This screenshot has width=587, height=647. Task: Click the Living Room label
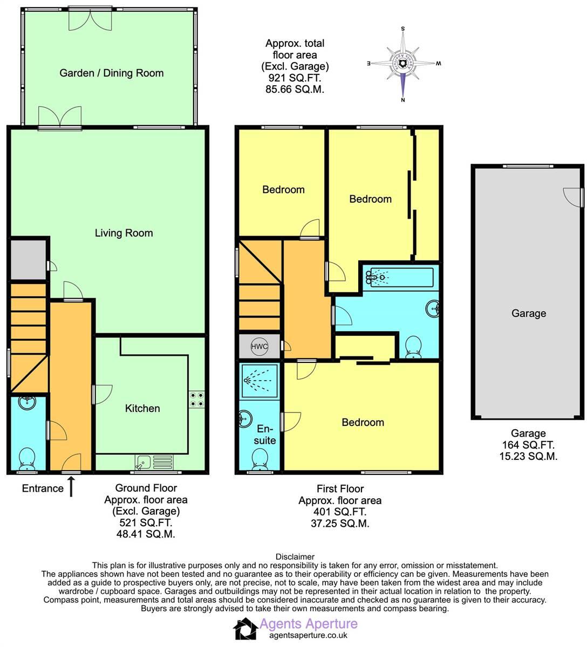point(124,233)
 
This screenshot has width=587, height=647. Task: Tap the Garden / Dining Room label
point(111,73)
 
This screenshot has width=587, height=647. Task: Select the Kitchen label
point(142,408)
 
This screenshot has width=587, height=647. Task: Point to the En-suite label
point(265,435)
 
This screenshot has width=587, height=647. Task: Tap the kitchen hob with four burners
point(196,398)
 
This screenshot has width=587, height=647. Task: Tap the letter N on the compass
point(403,99)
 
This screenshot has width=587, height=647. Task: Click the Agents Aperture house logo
point(245,629)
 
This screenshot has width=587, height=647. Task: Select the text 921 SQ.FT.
point(295,78)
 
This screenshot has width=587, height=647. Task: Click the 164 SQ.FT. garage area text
point(528,445)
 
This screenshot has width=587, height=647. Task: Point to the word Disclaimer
point(295,556)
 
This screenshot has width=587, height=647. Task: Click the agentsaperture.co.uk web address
point(308,636)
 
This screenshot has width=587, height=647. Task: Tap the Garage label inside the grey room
point(528,313)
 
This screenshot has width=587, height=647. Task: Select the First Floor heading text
point(340,489)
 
